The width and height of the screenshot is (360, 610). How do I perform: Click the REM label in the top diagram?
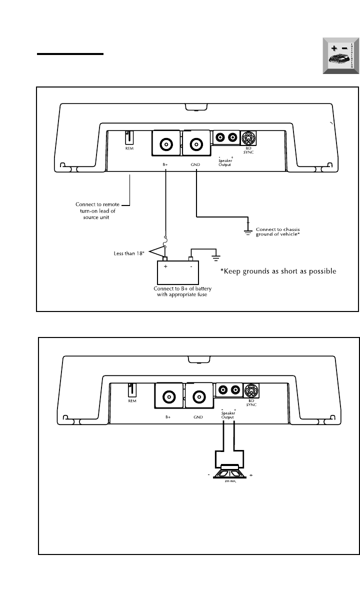click(x=128, y=148)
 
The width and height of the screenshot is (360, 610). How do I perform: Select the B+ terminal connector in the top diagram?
click(x=165, y=144)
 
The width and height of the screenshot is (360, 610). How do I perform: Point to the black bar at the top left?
click(x=70, y=53)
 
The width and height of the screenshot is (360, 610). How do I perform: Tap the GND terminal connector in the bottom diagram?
click(x=198, y=397)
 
